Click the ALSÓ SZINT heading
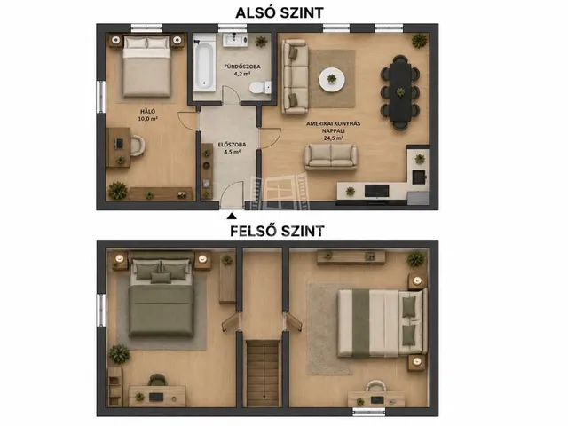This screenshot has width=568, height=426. [279, 12]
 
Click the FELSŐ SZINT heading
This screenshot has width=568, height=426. [277, 231]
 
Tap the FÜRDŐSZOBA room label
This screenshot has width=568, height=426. [242, 67]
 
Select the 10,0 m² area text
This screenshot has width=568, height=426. [148, 118]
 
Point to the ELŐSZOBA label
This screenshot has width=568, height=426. [232, 145]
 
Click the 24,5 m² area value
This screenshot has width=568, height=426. [334, 138]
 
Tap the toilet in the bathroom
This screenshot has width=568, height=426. [260, 87]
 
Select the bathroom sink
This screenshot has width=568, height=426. [235, 39]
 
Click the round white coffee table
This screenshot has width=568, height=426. [332, 79]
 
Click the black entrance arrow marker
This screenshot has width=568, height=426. [232, 217]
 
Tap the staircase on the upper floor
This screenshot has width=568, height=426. [264, 373]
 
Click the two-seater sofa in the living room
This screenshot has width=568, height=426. [331, 156]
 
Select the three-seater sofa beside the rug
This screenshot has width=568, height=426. [295, 77]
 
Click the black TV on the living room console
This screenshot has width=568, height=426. [376, 191]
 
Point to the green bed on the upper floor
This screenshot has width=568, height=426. [162, 298]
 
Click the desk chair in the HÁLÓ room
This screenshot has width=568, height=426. [138, 146]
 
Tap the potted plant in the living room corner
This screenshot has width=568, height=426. [420, 40]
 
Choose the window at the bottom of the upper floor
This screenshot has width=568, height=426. [369, 412]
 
